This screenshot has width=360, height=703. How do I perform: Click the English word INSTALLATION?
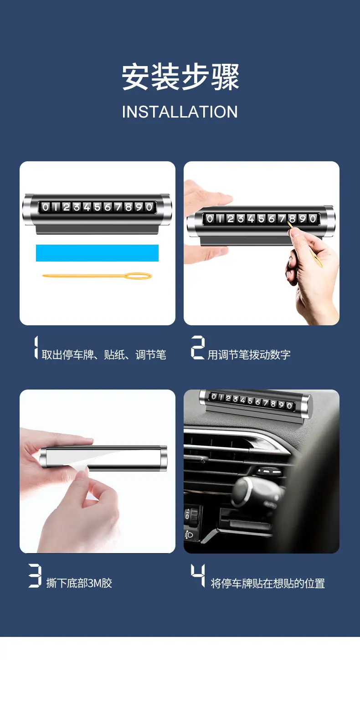pyautogui.click(x=180, y=112)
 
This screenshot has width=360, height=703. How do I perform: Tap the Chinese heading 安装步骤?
pyautogui.click(x=180, y=77)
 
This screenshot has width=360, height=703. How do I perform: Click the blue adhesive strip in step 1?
pyautogui.click(x=98, y=253)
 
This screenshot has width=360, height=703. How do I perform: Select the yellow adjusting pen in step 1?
pyautogui.click(x=98, y=276)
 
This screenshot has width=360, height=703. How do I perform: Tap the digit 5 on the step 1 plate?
pyautogui.click(x=98, y=207)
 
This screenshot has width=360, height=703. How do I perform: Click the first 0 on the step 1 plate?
pyautogui.click(x=46, y=207)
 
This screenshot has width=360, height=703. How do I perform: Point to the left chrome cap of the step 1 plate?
pyautogui.click(x=28, y=209)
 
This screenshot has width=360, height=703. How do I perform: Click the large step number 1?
pyautogui.click(x=36, y=348)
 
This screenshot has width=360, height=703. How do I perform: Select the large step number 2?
pyautogui.click(x=198, y=348)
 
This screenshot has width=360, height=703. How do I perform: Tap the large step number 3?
pyautogui.click(x=35, y=575)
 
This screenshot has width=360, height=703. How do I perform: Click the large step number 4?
pyautogui.click(x=198, y=575)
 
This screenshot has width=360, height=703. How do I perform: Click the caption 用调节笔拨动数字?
pyautogui.click(x=249, y=354)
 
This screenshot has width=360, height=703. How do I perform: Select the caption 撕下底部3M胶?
pyautogui.click(x=79, y=583)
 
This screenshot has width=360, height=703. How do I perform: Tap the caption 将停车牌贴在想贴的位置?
pyautogui.click(x=268, y=584)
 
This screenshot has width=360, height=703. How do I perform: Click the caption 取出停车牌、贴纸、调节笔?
pyautogui.click(x=104, y=354)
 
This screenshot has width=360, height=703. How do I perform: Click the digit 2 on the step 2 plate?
pyautogui.click(x=231, y=219)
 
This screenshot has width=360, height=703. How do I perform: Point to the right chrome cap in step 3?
pyautogui.click(x=164, y=458)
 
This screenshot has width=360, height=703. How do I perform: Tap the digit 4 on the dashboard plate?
pyautogui.click(x=242, y=400)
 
